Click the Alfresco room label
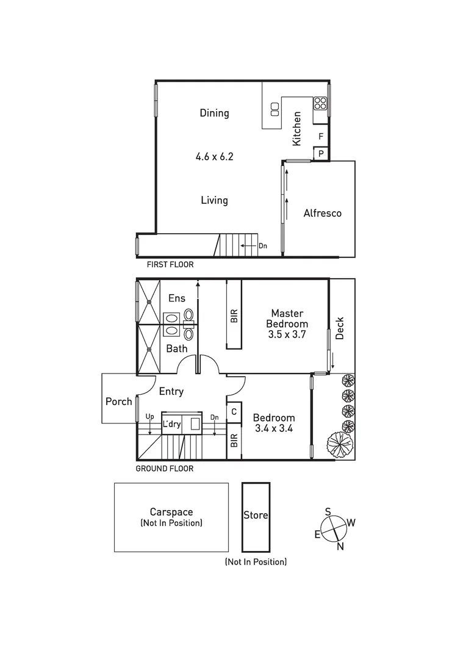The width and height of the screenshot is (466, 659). [322, 213]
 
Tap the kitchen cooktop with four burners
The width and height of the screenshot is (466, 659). [320, 103]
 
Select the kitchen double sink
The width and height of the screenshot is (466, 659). [274, 109]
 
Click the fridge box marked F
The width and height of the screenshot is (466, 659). [321, 136]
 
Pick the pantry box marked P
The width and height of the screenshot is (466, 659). [321, 154]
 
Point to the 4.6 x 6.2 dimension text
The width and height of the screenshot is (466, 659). [214, 156]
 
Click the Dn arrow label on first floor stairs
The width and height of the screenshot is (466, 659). [263, 246]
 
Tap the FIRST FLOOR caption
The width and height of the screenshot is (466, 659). [170, 265]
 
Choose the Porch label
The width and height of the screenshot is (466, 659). [118, 402]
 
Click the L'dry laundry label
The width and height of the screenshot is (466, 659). [171, 424]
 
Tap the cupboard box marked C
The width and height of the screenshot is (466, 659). [234, 412]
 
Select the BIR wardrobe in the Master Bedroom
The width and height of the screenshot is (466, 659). [234, 315]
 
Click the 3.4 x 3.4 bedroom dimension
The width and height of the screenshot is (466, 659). [274, 428]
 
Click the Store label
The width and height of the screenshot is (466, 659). [256, 515]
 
